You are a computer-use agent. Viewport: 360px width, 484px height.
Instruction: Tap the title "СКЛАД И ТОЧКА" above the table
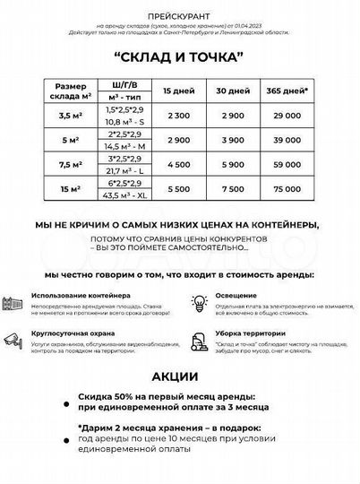(179, 56)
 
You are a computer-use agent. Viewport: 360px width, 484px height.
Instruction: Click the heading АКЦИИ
(180, 377)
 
